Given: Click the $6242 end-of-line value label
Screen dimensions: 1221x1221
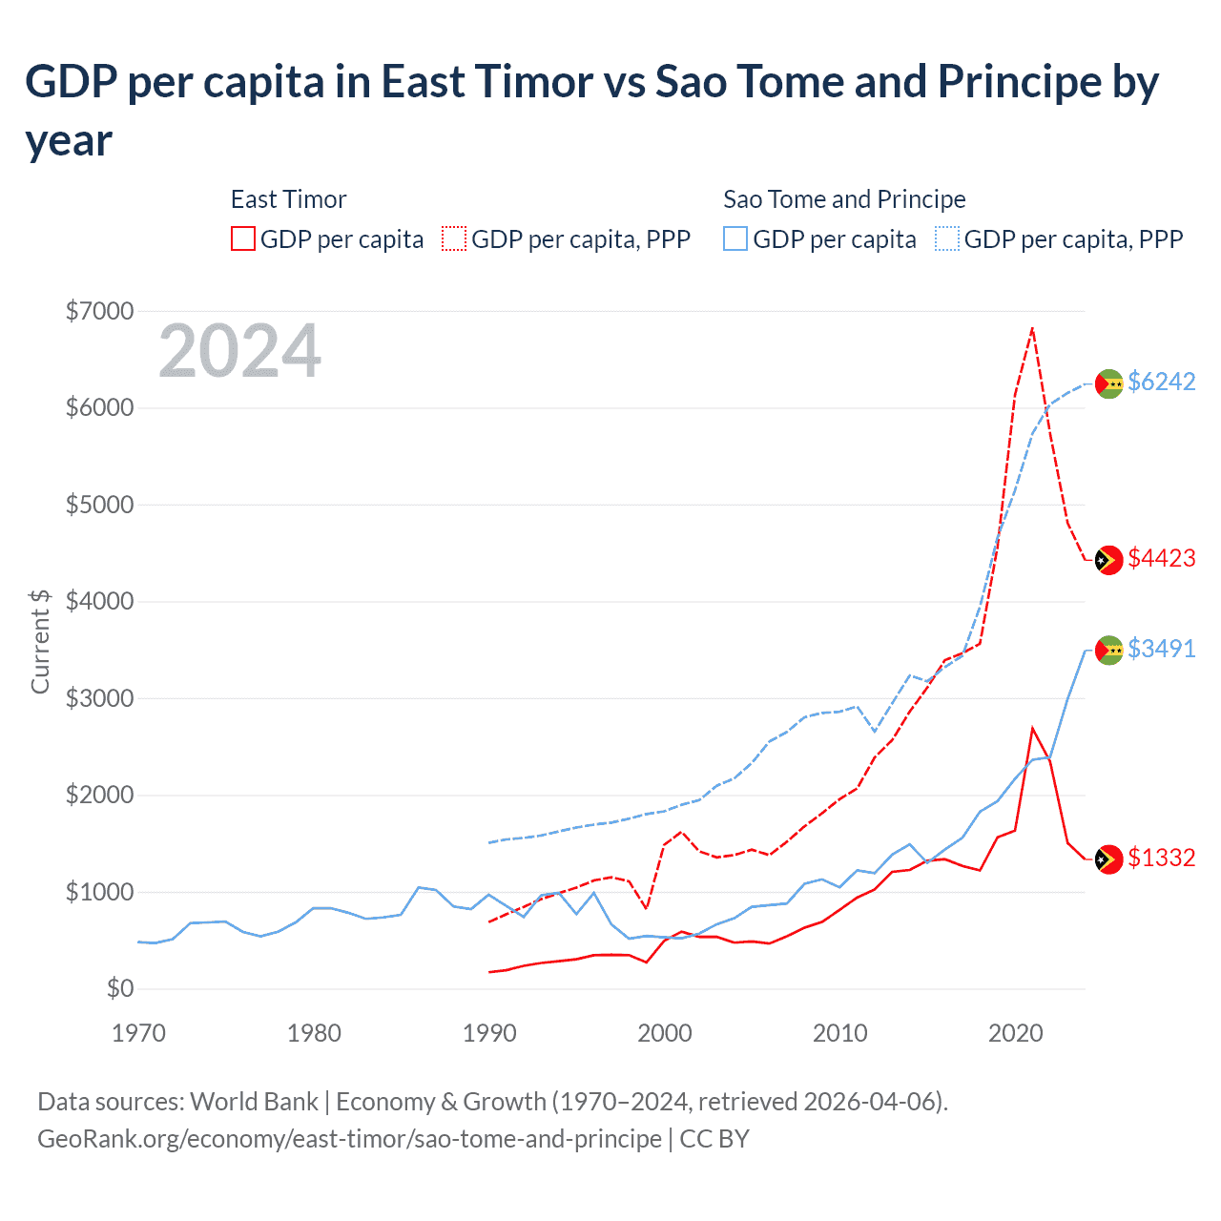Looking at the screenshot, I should click(1161, 382).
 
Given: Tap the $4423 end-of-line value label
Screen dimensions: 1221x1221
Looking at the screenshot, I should click(1161, 558).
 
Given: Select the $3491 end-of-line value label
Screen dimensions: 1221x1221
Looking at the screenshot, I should click(1161, 649).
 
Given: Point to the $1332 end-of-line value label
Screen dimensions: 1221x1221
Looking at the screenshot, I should click(1161, 858).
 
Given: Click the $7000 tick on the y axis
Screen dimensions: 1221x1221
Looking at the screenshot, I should click(99, 311).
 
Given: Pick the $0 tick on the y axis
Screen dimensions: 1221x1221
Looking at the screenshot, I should click(119, 988).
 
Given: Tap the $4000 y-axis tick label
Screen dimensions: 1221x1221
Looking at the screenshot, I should click(99, 601).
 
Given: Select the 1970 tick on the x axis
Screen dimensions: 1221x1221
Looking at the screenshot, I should click(138, 1033).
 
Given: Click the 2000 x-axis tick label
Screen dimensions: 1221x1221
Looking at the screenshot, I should click(665, 1033).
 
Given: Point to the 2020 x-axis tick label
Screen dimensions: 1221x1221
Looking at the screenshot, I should click(1015, 1033).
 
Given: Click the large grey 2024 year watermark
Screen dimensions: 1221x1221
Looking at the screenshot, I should click(239, 352).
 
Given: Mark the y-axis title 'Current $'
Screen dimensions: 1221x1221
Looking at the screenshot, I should click(40, 641).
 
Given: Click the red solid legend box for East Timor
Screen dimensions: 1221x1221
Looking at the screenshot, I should click(243, 238).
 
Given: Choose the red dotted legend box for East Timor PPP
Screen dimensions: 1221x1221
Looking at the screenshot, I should click(454, 238).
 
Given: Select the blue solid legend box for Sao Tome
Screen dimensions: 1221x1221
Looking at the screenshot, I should click(735, 238).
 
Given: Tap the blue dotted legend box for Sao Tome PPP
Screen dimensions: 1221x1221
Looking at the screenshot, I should click(947, 238).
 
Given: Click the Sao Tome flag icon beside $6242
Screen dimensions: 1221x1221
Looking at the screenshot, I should click(1108, 383).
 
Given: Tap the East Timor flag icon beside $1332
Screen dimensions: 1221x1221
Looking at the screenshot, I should click(1108, 859).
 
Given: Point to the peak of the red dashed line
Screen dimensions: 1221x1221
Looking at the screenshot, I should click(1032, 328).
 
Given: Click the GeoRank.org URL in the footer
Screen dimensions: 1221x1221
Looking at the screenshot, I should click(349, 1139).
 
